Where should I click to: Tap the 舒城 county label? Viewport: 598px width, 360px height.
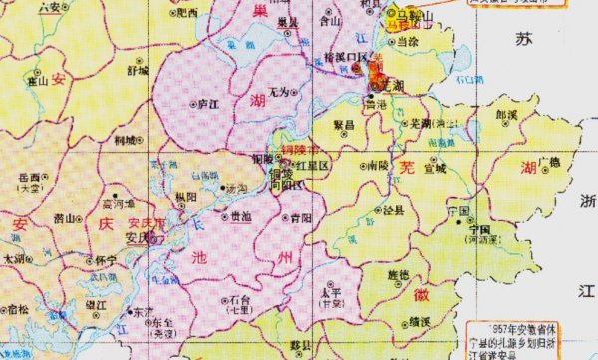(x=136, y=71)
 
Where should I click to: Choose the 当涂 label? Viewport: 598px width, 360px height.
(x=406, y=41)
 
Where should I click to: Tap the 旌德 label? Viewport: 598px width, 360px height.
(x=397, y=273)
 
